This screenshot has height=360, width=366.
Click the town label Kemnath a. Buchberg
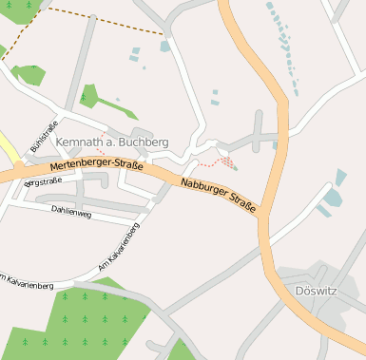112,142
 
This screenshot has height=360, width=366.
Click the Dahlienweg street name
71,214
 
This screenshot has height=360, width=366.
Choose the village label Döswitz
316,291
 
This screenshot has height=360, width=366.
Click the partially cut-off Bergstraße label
43,180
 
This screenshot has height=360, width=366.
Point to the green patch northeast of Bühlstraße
89,95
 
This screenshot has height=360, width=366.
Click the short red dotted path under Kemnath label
100,151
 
